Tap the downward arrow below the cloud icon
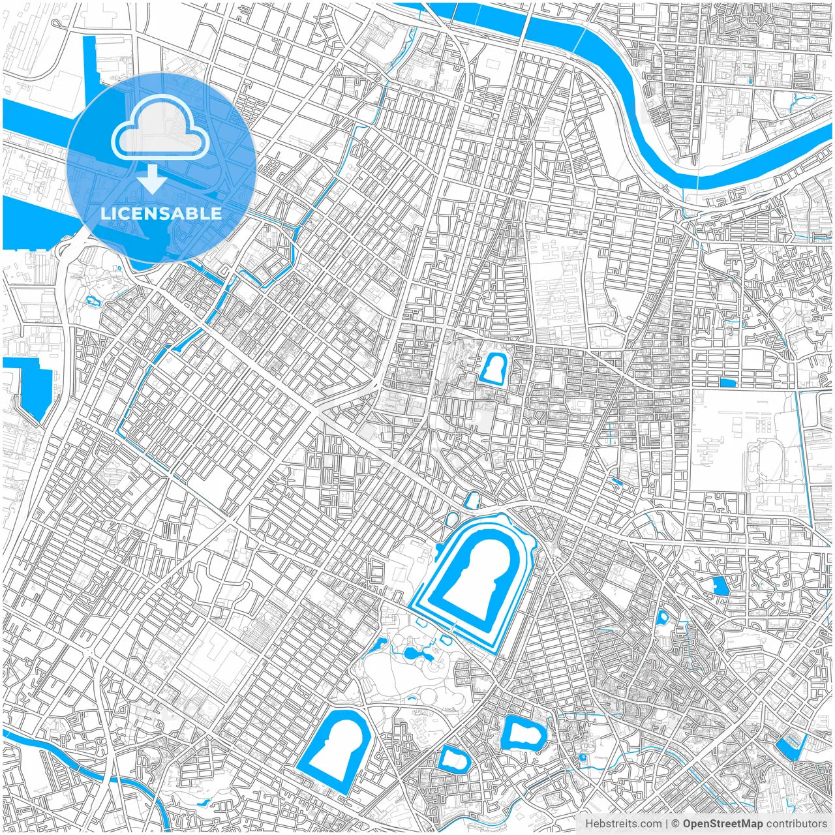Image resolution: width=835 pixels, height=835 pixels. (x=153, y=179)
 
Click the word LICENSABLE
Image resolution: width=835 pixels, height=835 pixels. (x=161, y=213)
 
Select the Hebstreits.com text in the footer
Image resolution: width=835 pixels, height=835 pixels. (x=623, y=824)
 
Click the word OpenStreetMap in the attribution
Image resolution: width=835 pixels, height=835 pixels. (x=722, y=824)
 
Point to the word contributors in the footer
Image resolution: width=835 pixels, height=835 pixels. (x=797, y=824)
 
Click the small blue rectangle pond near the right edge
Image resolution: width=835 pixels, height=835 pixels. (x=727, y=383)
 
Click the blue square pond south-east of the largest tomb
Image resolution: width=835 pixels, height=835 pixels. (x=720, y=586)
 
